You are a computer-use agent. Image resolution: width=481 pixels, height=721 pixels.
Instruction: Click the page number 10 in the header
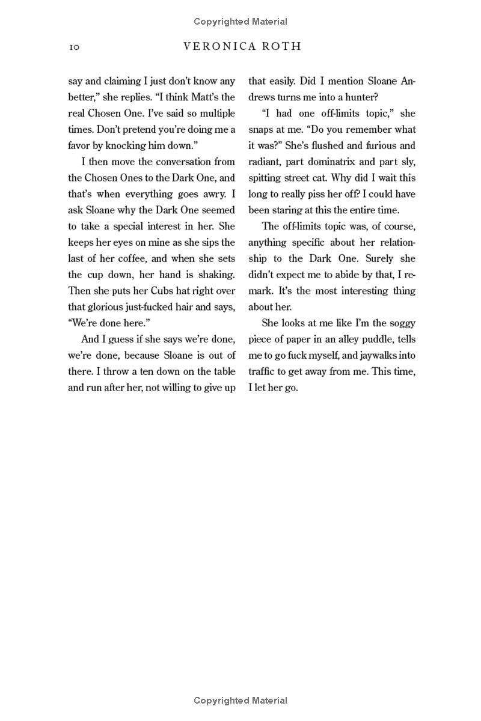pos(75,47)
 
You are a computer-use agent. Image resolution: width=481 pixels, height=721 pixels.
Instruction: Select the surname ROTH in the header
pos(283,47)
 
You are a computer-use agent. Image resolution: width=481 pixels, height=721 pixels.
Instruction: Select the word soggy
pos(399,323)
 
